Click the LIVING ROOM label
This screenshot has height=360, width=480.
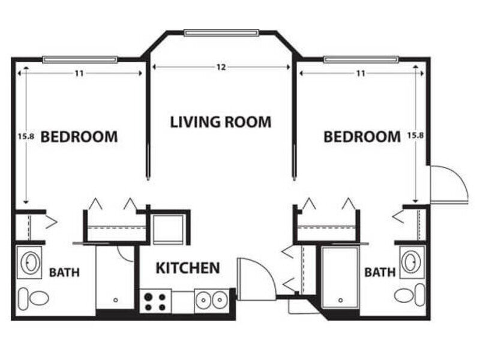pyautogui.click(x=221, y=122)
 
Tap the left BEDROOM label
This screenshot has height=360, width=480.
pyautogui.click(x=79, y=137)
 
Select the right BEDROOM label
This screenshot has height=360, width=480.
pyautogui.click(x=362, y=137)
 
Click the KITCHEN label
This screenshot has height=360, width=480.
pyautogui.click(x=188, y=268)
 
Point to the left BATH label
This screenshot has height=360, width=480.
pyautogui.click(x=64, y=273)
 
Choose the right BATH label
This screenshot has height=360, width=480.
pyautogui.click(x=380, y=273)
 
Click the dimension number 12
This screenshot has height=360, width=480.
pyautogui.click(x=221, y=67)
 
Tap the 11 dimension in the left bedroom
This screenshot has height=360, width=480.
pyautogui.click(x=79, y=73)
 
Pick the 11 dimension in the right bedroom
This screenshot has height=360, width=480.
pyautogui.click(x=361, y=73)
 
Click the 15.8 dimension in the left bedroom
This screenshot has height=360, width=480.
pyautogui.click(x=25, y=136)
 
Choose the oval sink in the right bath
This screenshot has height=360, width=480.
pyautogui.click(x=411, y=262)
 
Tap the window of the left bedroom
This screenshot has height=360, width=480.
pyautogui.click(x=80, y=59)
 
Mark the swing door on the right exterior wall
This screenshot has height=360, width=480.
pyautogui.click(x=449, y=183)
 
